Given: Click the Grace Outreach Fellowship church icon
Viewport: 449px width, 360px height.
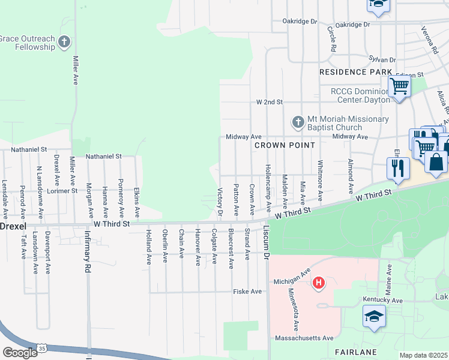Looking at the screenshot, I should [x=64, y=43].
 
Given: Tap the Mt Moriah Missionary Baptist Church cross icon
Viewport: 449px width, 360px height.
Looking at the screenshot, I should [x=298, y=122].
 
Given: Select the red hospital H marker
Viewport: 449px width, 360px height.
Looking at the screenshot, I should [x=319, y=282].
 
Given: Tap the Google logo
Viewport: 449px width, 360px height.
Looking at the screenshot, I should [x=19, y=353].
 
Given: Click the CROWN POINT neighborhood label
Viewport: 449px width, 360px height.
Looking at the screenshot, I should [x=285, y=146].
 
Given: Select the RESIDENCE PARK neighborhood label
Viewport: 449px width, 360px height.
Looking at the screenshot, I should [x=355, y=72].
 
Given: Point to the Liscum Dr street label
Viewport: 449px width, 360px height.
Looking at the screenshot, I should [x=266, y=246].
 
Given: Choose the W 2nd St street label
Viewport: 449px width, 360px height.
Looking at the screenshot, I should [x=269, y=103].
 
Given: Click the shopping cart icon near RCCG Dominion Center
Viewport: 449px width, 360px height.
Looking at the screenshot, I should [x=399, y=86].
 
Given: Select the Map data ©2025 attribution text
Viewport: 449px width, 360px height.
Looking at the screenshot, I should [x=423, y=355].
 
